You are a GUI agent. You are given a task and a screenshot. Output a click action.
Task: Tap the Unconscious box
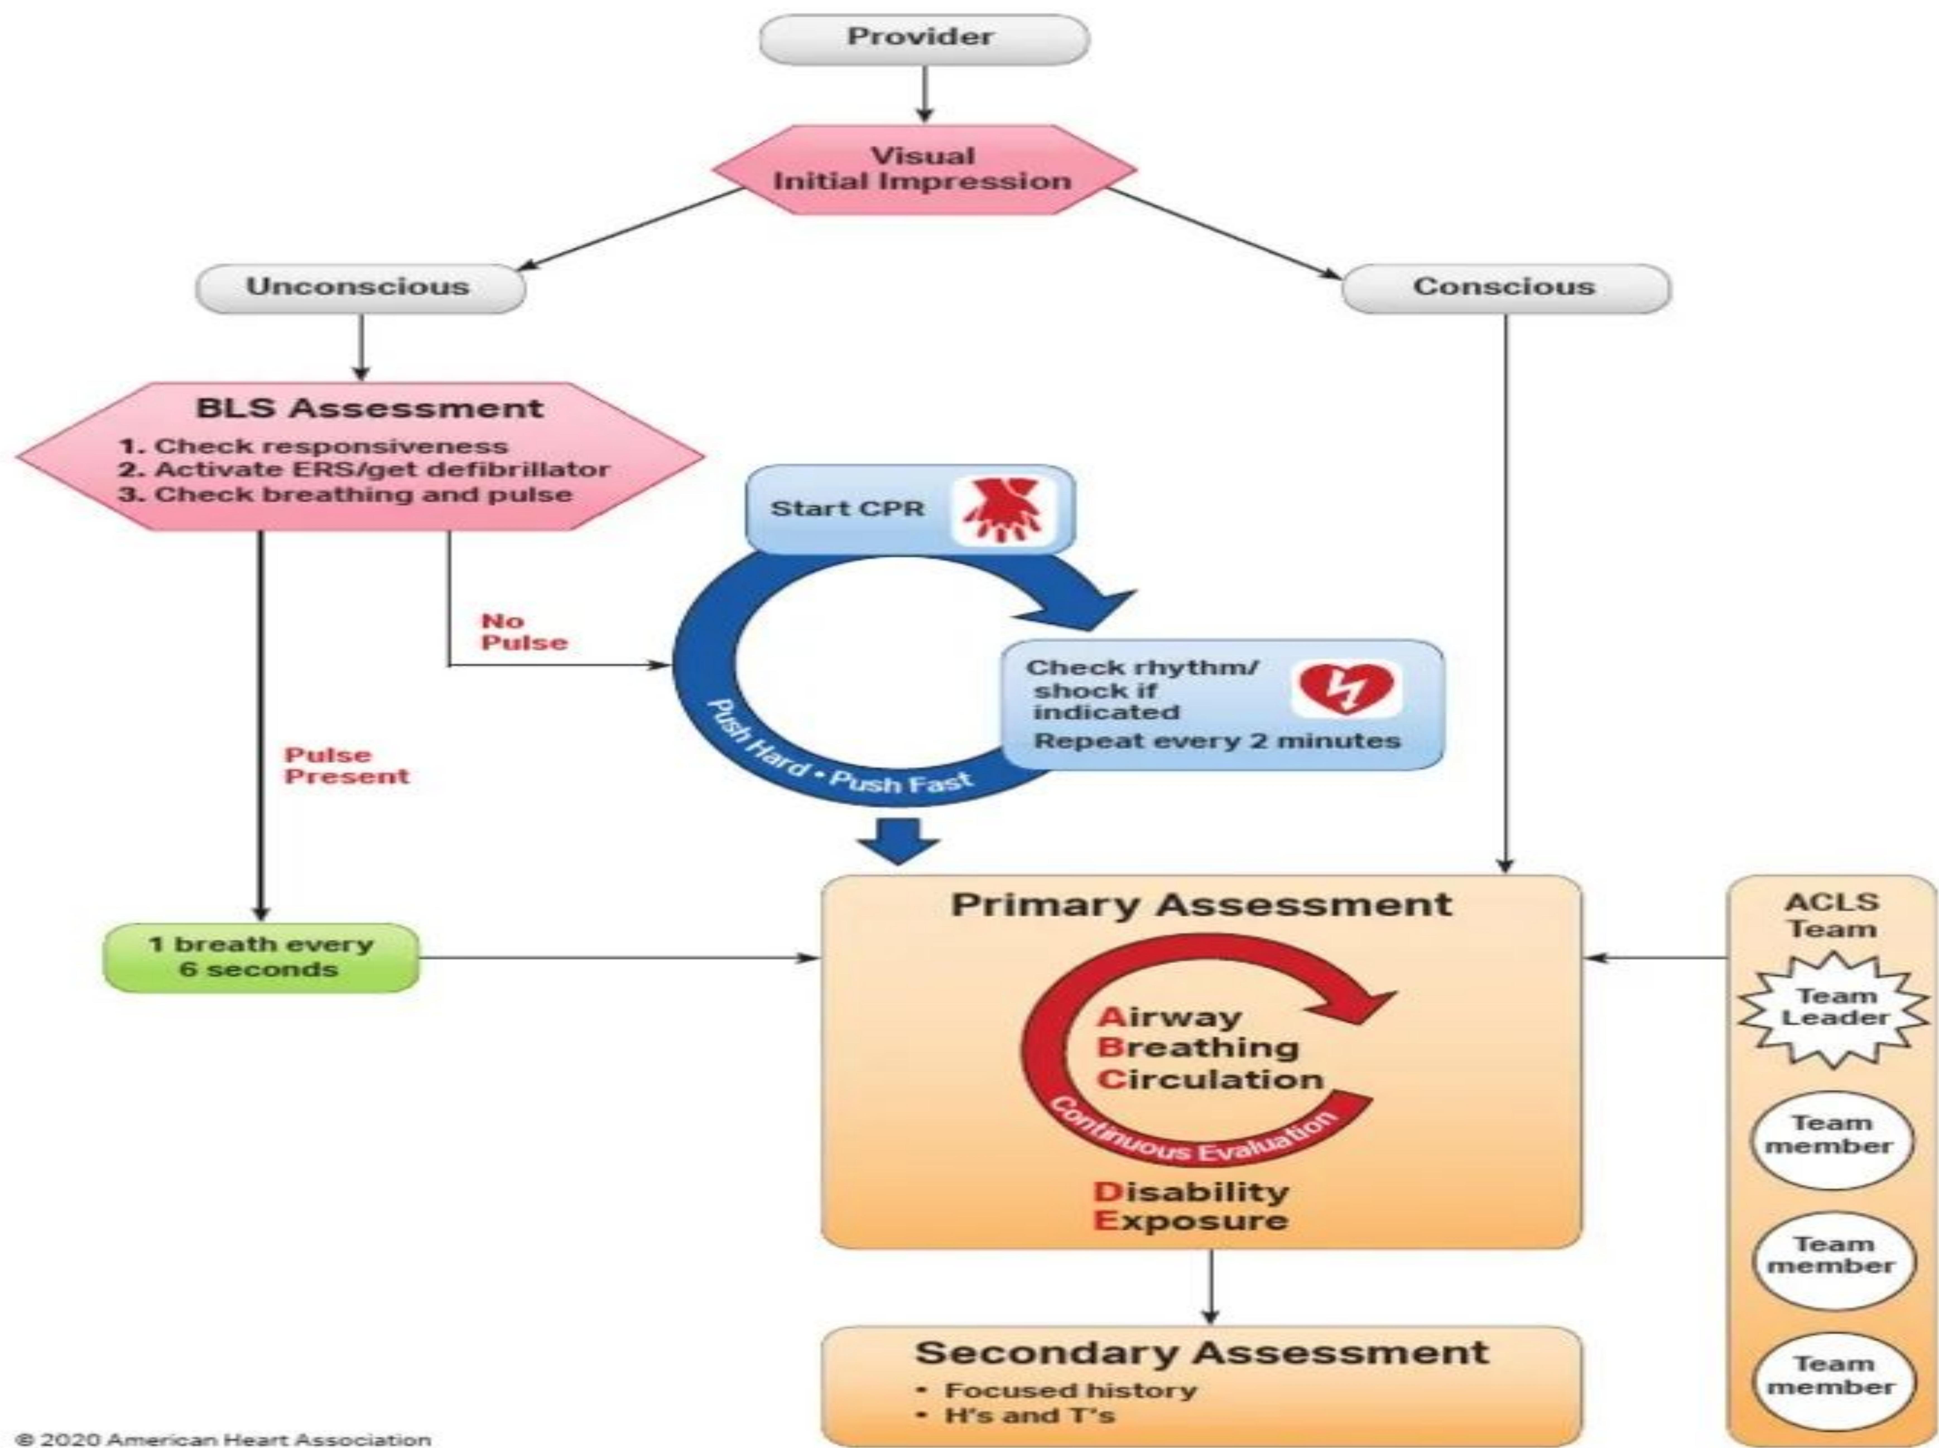359,288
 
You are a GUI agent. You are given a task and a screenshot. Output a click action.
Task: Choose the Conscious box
1504,288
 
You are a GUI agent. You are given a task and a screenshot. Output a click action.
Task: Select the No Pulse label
523,632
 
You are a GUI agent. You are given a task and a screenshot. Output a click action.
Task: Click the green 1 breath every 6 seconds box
260,957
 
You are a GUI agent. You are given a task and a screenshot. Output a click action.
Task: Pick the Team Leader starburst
1834,1008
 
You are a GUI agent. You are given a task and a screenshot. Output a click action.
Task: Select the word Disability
1190,1192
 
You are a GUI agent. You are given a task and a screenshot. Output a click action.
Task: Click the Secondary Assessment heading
1201,1352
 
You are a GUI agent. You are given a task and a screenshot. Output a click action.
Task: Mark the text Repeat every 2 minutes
1217,741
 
